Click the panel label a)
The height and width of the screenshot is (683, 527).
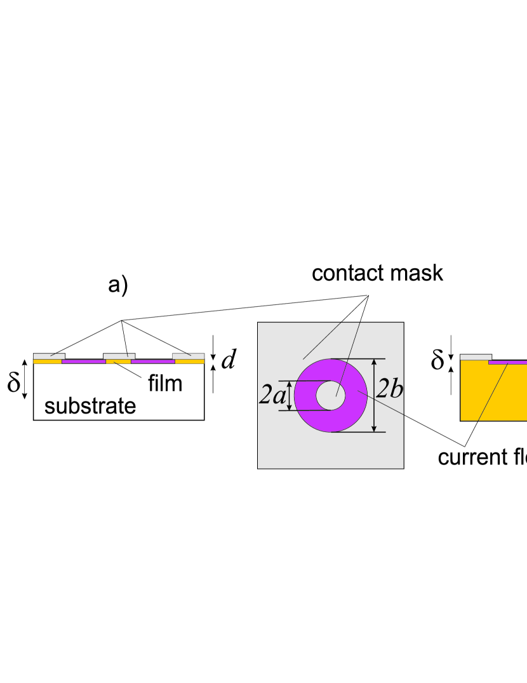[117, 285]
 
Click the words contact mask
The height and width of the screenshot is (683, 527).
[377, 273]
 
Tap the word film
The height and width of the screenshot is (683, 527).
[164, 383]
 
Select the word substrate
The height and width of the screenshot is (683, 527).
[90, 406]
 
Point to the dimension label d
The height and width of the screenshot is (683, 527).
[229, 360]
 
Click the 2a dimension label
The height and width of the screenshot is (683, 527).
[272, 395]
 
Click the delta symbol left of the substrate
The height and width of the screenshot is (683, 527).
[14, 384]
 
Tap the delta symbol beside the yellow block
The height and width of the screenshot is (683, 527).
[437, 360]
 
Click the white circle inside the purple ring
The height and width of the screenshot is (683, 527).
[331, 396]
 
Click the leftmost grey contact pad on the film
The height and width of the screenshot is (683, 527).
[48, 355]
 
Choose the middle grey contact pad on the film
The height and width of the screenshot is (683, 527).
[119, 355]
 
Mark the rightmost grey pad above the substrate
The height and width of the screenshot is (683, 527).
[189, 355]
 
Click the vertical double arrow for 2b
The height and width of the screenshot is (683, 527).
[375, 395]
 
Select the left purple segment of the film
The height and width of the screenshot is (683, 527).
[83, 361]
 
